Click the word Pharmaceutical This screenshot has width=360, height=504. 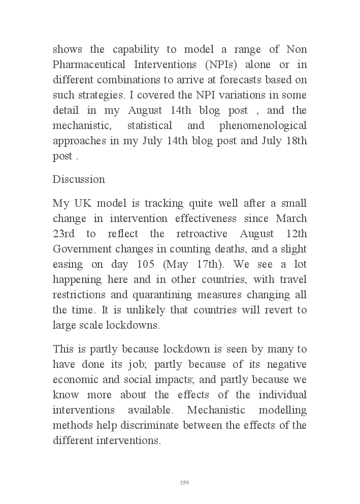pyautogui.click(x=87, y=65)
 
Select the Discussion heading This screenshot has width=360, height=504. pyautogui.click(x=79, y=179)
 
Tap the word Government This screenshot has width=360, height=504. pyautogui.click(x=82, y=249)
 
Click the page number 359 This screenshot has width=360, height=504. pyautogui.click(x=184, y=483)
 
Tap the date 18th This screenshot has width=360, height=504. pyautogui.click(x=296, y=141)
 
